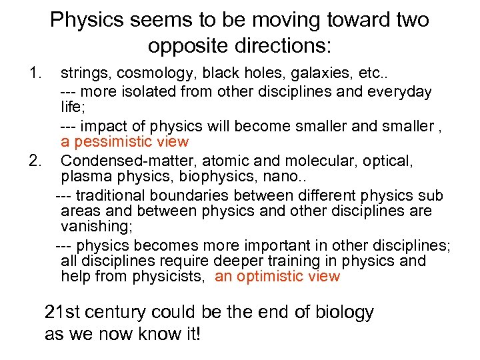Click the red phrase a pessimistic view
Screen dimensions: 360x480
pyautogui.click(x=125, y=142)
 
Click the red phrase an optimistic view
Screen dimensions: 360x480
pyautogui.click(x=277, y=277)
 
